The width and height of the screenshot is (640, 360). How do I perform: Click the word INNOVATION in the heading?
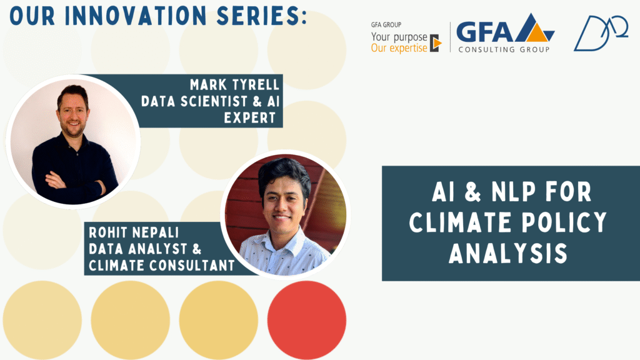point(136,16)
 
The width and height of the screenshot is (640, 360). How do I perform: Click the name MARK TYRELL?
point(235,84)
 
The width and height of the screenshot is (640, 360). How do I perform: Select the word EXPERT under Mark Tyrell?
point(250,117)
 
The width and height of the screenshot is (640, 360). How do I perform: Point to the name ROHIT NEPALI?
point(134,232)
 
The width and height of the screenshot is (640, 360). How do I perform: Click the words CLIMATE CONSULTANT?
point(162,265)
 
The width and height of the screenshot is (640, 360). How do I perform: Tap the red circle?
point(306,319)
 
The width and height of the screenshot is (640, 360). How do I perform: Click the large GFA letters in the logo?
point(484,32)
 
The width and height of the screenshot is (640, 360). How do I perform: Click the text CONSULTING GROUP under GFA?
point(504,49)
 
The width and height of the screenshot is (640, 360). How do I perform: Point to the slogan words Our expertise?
point(399,48)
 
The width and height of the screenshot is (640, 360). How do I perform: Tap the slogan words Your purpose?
point(399,37)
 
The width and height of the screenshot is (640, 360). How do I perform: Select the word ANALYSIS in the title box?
point(508,253)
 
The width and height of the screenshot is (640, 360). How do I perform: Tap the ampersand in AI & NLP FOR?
point(472,192)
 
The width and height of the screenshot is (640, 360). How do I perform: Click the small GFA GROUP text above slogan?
point(386,24)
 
